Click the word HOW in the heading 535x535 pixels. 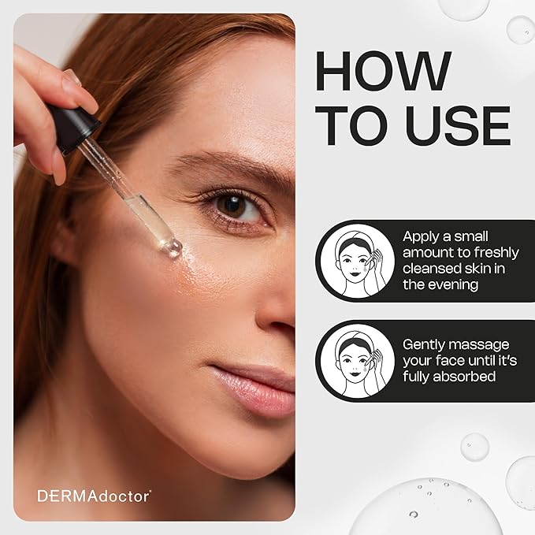coord(383,71)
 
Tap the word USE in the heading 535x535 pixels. coord(459,125)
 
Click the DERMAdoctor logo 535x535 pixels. coord(94,496)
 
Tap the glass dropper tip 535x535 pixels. coord(173,247)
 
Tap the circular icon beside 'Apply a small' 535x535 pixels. coord(357,261)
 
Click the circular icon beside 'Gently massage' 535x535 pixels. coord(357,361)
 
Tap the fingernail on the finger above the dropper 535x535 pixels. coord(72,77)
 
